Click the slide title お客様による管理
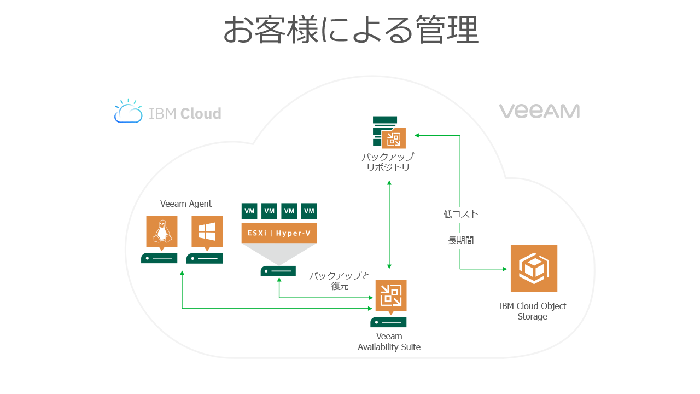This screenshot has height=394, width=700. click(x=351, y=30)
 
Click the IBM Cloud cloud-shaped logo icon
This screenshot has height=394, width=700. click(x=129, y=111)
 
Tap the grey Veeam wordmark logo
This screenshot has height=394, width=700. click(x=539, y=111)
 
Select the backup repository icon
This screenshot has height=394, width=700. click(x=389, y=132)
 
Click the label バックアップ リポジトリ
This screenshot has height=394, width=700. click(x=388, y=162)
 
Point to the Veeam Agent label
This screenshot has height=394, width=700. click(x=186, y=204)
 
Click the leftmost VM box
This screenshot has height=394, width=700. click(x=249, y=211)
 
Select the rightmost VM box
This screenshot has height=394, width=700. click(x=309, y=211)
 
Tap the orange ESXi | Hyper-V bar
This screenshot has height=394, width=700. click(x=279, y=233)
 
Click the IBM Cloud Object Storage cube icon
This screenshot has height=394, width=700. click(x=534, y=268)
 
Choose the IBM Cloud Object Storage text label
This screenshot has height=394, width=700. click(x=532, y=311)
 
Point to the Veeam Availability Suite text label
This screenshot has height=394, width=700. click(x=389, y=341)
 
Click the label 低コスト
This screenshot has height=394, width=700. click(x=460, y=214)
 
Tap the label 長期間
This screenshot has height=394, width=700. click(x=460, y=240)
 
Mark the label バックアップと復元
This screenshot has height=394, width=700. click(x=340, y=281)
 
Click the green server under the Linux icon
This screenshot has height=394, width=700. click(x=159, y=258)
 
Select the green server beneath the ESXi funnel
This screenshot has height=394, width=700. click(x=278, y=271)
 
